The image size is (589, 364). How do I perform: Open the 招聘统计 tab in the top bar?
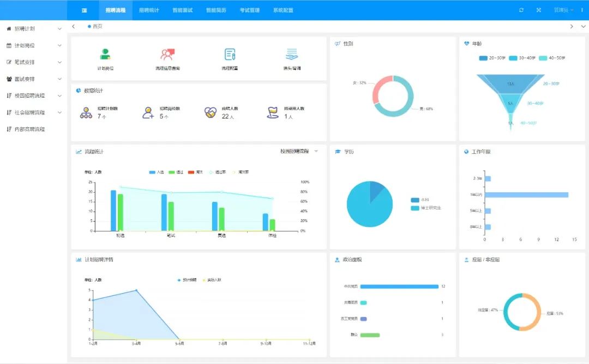pyautogui.click(x=149, y=10)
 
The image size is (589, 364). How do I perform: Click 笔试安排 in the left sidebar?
pyautogui.click(x=25, y=62)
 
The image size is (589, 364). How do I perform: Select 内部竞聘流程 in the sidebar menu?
pyautogui.click(x=29, y=129)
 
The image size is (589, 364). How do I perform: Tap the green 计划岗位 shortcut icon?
pyautogui.click(x=105, y=55)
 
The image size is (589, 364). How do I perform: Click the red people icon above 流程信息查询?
pyautogui.click(x=167, y=55)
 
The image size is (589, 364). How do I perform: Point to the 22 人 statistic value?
pyautogui.click(x=228, y=117)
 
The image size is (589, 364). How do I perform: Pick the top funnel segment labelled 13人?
pyautogui.click(x=510, y=83)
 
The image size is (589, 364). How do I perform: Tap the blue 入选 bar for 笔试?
pyautogui.click(x=164, y=212)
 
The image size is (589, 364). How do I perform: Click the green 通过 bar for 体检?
pyautogui.click(x=272, y=224)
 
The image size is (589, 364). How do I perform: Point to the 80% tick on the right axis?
pyautogui.click(x=305, y=192)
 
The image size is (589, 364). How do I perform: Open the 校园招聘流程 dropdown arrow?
pyautogui.click(x=316, y=151)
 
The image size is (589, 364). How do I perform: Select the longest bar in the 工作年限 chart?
pyautogui.click(x=526, y=195)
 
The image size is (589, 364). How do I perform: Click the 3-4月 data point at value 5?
pyautogui.click(x=136, y=290)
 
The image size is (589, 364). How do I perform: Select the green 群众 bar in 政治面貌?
pyautogui.click(x=370, y=335)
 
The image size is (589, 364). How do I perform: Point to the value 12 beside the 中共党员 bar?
pyautogui.click(x=443, y=287)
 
